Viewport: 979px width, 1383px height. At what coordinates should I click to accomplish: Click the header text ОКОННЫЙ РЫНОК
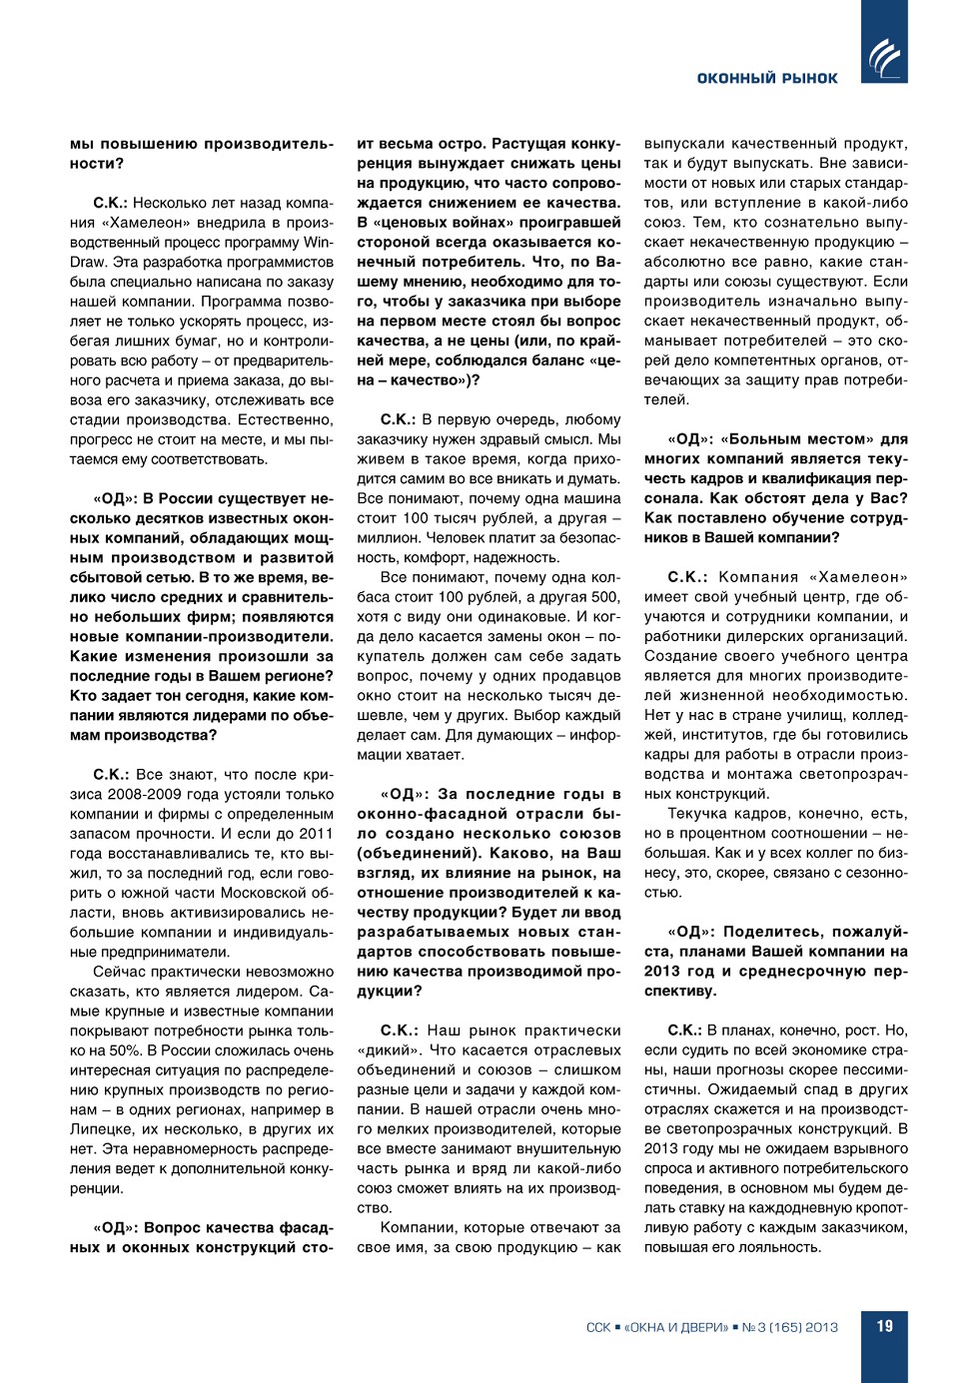(767, 78)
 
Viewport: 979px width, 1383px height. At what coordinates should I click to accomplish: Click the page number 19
(884, 1326)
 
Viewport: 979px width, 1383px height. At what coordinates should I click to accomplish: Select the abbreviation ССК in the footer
(598, 1327)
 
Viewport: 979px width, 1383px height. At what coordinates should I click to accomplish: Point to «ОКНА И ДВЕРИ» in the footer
(676, 1327)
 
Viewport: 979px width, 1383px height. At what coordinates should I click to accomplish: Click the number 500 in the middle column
(605, 596)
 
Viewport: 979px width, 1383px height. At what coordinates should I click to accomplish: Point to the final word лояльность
(780, 1246)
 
